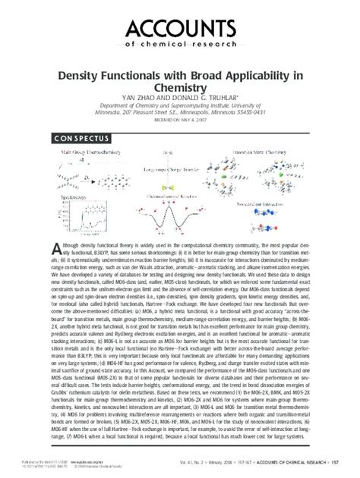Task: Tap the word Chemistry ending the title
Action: click(x=180, y=89)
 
